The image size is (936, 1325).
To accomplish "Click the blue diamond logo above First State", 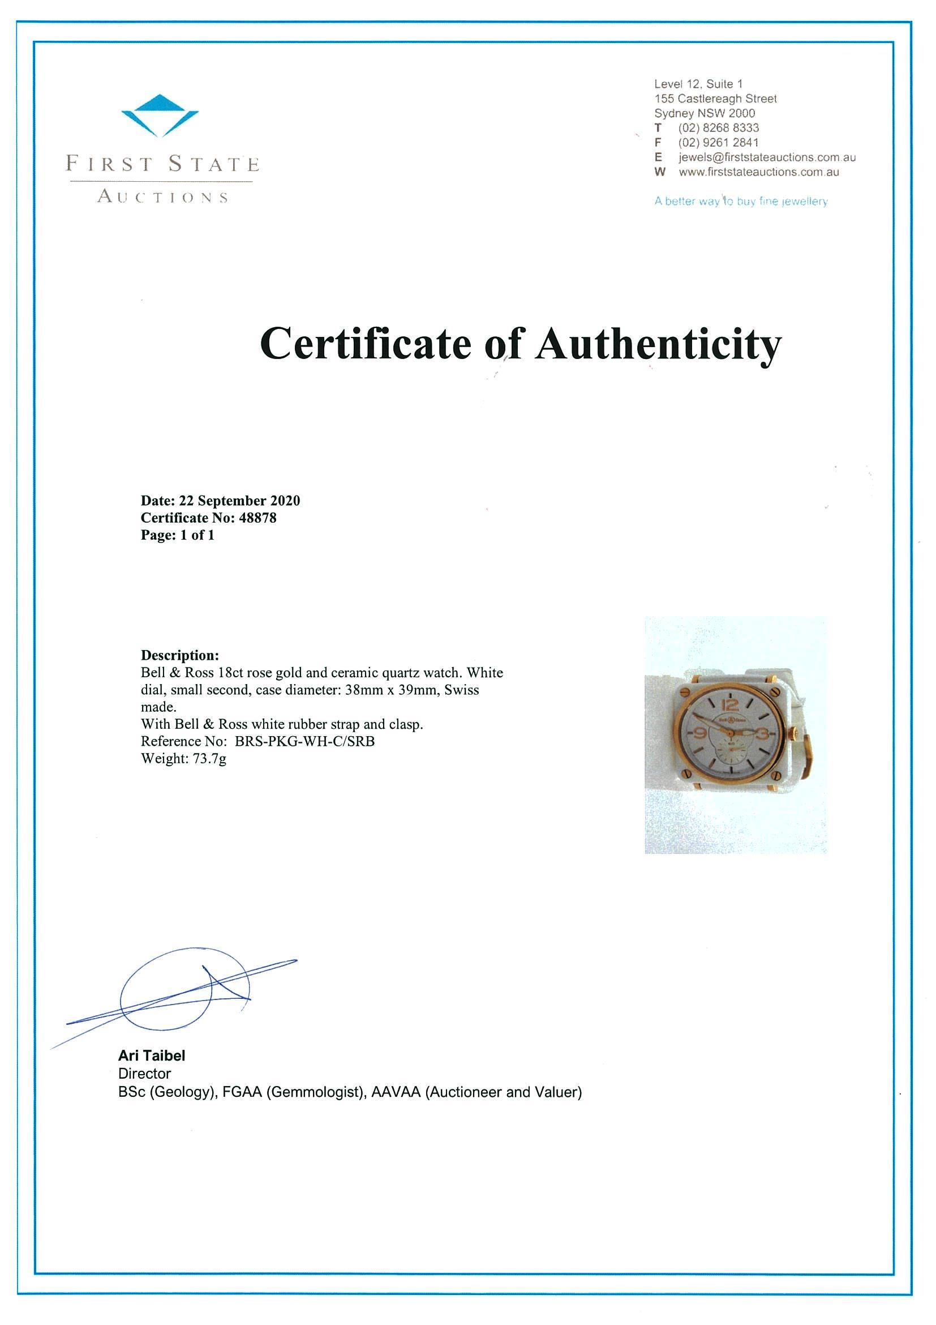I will [x=160, y=115].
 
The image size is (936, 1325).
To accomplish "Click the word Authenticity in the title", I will [x=659, y=344].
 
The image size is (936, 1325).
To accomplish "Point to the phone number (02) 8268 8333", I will [x=718, y=128].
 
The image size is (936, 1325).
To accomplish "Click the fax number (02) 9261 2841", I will [x=718, y=143].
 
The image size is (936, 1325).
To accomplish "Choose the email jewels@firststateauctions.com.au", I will [x=766, y=157].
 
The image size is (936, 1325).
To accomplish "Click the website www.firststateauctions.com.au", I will [x=758, y=172].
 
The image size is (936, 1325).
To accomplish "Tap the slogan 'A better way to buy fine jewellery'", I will [x=741, y=202].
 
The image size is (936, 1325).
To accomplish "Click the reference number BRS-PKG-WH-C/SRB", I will [x=304, y=742].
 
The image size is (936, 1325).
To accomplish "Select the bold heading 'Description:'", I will [x=180, y=655].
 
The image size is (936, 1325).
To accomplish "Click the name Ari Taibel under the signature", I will [x=152, y=1055].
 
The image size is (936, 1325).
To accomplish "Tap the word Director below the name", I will [x=144, y=1074].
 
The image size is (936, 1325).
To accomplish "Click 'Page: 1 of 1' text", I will [x=178, y=535].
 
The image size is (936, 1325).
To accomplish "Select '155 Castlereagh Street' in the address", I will [x=715, y=99].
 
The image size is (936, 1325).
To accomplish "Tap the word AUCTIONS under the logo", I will [x=162, y=198].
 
